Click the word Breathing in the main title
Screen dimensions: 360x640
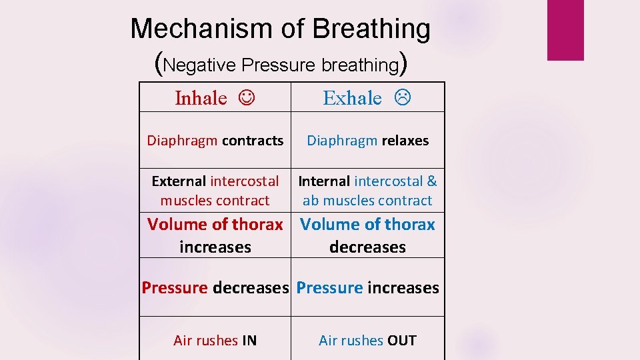point(371,29)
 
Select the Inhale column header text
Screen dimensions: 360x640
point(201,98)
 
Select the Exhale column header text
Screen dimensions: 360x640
point(352,98)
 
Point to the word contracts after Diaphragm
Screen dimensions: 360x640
point(253,141)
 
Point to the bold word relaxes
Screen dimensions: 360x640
point(405,141)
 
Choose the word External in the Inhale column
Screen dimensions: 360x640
point(179,181)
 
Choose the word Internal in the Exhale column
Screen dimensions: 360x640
point(324,181)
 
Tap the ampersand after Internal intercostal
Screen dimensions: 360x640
point(432,181)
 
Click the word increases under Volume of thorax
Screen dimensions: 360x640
point(215,247)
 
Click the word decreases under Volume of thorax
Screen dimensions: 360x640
point(367,247)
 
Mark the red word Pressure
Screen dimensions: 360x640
point(175,288)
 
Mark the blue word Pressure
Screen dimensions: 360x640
point(329,288)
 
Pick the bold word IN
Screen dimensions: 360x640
point(249,341)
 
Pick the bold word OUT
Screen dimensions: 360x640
point(401,341)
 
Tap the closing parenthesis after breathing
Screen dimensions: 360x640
point(403,64)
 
